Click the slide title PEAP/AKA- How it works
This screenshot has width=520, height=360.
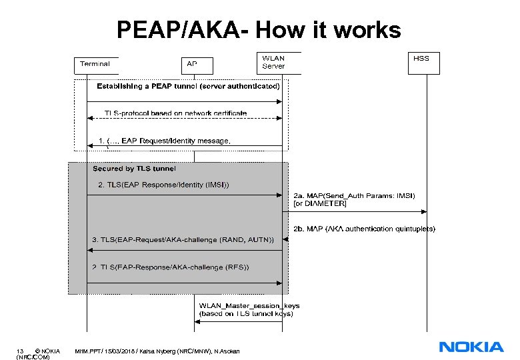pos(259,30)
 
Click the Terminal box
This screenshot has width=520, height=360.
pos(95,65)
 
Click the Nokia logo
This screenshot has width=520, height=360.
pos(471,347)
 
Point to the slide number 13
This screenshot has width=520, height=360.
pos(21,351)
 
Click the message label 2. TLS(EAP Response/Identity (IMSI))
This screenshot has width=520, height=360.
pos(163,185)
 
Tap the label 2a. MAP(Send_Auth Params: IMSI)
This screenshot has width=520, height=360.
pos(354,195)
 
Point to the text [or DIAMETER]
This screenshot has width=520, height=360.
pos(320,203)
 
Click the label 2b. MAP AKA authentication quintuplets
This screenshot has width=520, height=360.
pos(364,229)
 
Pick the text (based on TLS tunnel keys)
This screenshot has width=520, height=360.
pos(246,313)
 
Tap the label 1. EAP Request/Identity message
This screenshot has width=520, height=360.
pos(164,141)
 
